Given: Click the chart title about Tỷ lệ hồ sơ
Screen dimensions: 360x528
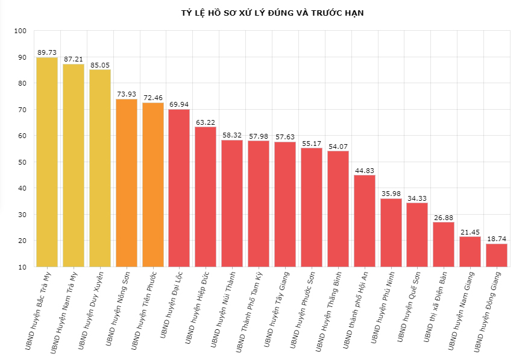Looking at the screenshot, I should pyautogui.click(x=272, y=13).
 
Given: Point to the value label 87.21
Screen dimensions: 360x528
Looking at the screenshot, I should pyautogui.click(x=74, y=59).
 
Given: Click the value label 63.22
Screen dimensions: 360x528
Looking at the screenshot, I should pyautogui.click(x=206, y=122).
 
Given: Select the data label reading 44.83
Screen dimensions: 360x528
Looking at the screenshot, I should pyautogui.click(x=364, y=170).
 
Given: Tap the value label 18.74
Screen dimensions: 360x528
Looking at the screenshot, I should pyautogui.click(x=497, y=239).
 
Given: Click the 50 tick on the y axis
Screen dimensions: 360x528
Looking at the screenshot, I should pyautogui.click(x=22, y=162).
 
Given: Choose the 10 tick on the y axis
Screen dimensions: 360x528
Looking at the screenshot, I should pyautogui.click(x=22, y=267).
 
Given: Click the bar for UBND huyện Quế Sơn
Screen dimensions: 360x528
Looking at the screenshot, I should pyautogui.click(x=417, y=235).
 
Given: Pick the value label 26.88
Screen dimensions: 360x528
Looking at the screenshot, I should pyautogui.click(x=444, y=218).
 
